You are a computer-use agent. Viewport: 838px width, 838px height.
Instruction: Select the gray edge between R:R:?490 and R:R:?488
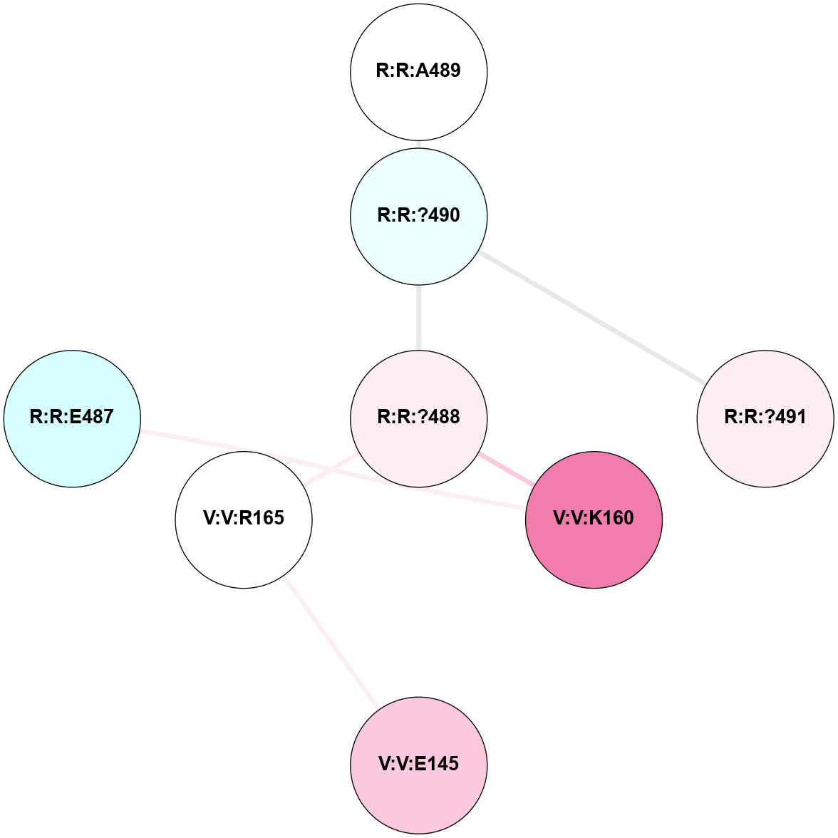[x=419, y=318]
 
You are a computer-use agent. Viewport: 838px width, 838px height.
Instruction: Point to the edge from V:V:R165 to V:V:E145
[x=331, y=642]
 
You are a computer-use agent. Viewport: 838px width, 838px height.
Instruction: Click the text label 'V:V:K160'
[x=594, y=518]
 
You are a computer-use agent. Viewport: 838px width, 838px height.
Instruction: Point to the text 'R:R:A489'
[x=419, y=71]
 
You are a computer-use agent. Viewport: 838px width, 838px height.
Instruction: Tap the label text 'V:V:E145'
[x=419, y=764]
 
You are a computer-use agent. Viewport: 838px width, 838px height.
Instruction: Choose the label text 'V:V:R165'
[x=244, y=518]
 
